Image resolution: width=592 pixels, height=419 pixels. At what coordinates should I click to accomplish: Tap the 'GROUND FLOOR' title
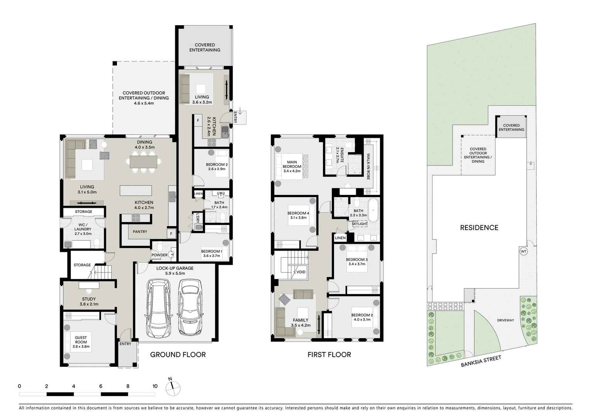[x=178, y=354]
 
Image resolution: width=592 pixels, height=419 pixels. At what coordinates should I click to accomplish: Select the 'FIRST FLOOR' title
[x=329, y=354]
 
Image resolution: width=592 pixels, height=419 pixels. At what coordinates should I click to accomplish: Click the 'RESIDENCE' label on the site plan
[x=479, y=228]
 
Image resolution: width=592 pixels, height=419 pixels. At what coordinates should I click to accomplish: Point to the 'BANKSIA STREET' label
[x=481, y=361]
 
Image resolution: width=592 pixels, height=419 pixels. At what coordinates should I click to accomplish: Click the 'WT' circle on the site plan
[x=523, y=252]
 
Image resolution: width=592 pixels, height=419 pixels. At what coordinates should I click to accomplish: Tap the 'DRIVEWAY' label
[x=505, y=320]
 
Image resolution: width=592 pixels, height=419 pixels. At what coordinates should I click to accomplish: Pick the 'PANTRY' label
[x=140, y=232]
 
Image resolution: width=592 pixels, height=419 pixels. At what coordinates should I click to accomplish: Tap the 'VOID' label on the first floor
[x=301, y=272]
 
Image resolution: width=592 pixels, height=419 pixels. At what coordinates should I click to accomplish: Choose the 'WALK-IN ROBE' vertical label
[x=368, y=166]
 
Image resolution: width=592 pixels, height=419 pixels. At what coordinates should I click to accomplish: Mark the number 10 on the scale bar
[x=155, y=386]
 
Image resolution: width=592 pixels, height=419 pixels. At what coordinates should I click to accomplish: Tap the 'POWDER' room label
[x=159, y=255]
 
